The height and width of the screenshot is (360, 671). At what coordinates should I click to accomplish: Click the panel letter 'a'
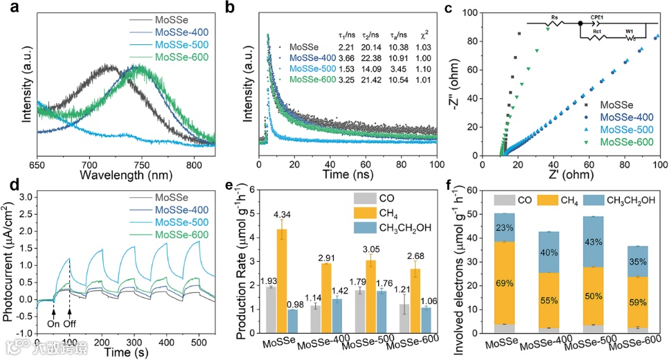[8, 8]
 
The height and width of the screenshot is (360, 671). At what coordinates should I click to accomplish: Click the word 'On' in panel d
[53, 322]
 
